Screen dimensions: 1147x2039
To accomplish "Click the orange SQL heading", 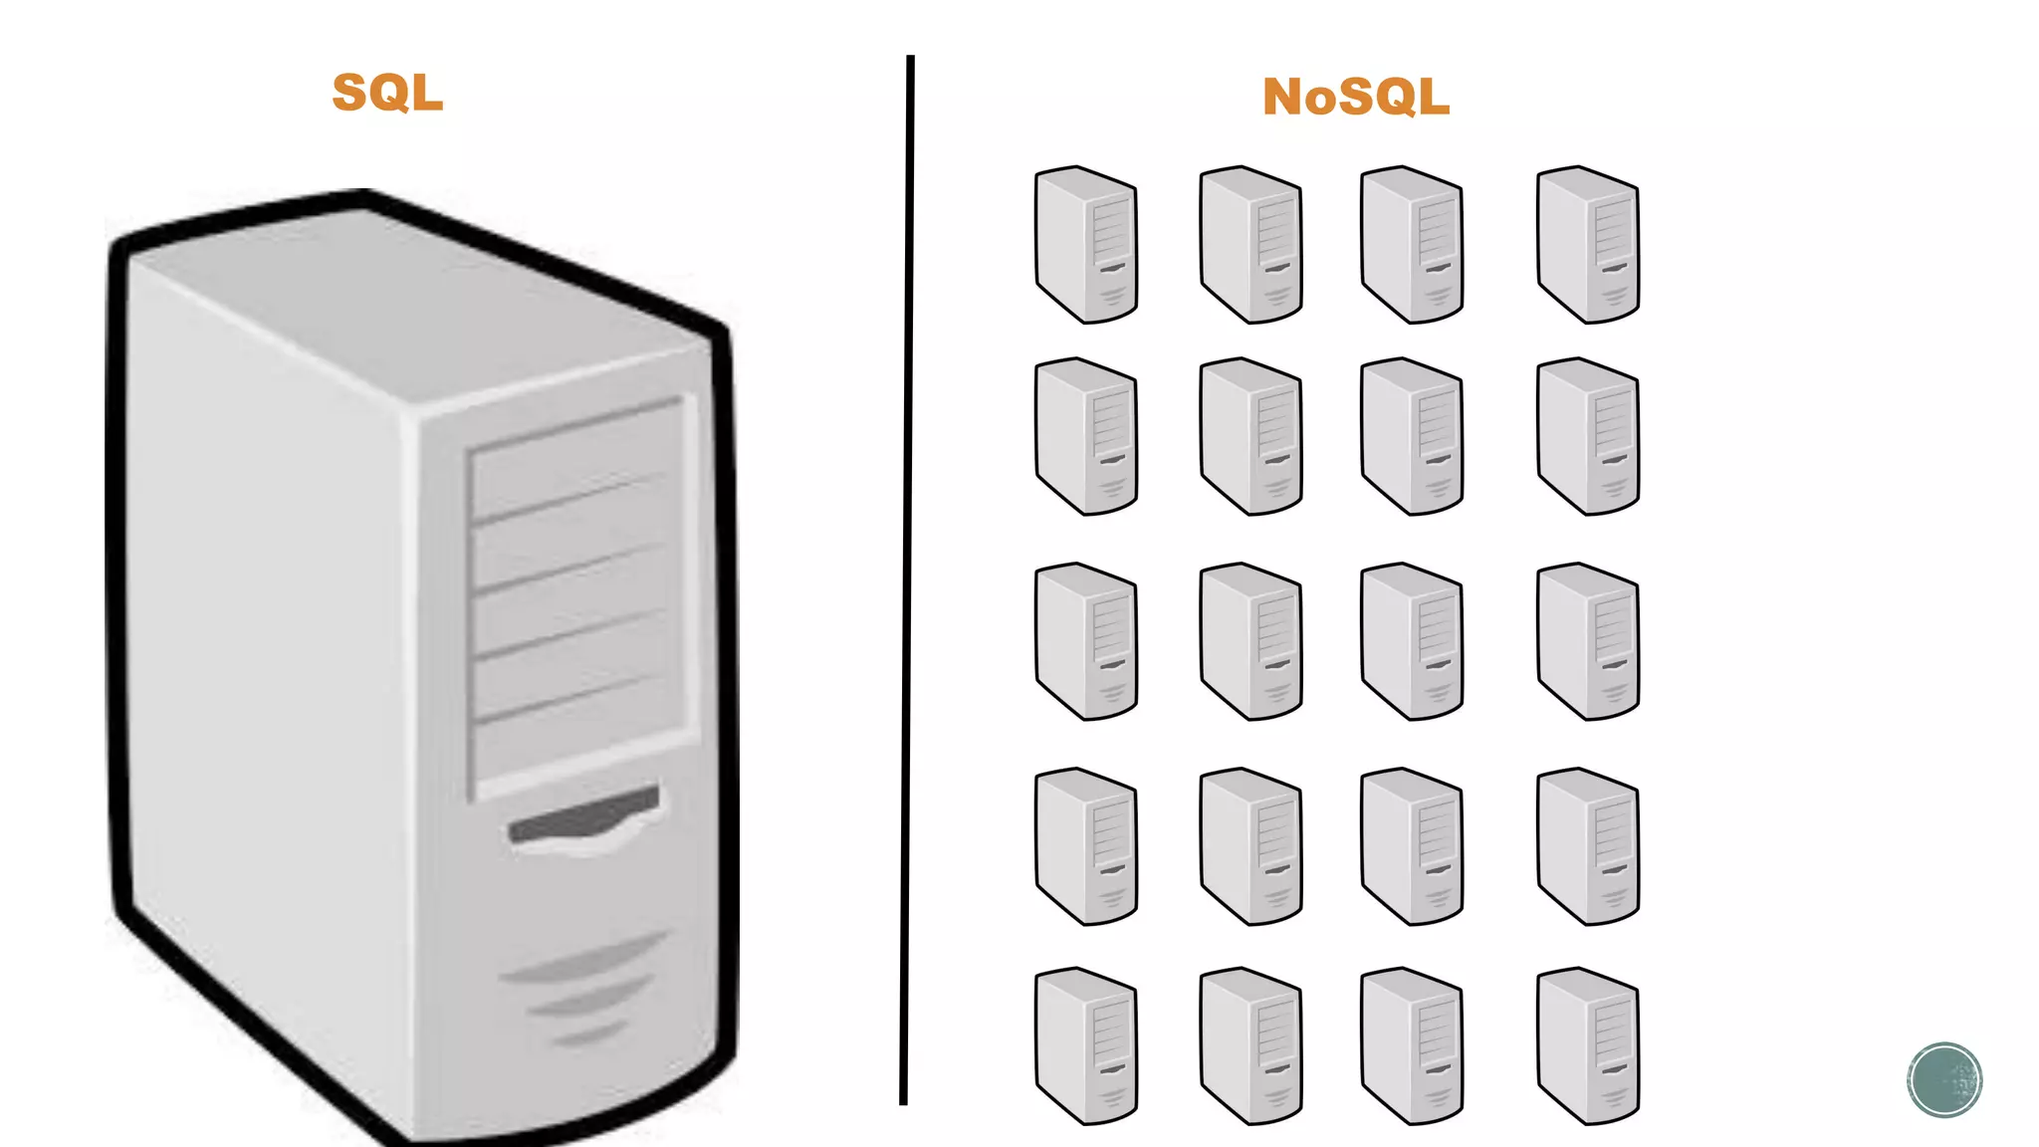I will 387,93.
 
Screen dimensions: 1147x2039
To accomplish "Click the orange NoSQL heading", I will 1355,98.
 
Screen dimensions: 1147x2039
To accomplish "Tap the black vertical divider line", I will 907,577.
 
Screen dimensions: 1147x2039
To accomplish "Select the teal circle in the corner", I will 1944,1080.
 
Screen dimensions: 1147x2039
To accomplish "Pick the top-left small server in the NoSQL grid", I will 1086,245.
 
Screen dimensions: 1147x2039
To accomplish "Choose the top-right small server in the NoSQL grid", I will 1588,245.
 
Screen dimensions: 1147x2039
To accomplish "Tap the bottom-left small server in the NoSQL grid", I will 1086,1045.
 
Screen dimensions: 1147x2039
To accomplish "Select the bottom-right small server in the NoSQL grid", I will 1588,1045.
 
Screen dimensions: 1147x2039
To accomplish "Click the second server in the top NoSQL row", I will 1251,245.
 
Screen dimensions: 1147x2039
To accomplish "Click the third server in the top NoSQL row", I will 1412,245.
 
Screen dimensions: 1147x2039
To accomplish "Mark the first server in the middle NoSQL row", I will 1086,641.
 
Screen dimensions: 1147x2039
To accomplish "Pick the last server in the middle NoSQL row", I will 1588,641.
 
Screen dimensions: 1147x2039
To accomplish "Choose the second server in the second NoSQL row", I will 1251,436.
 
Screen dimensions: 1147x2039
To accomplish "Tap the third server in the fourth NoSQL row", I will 1412,846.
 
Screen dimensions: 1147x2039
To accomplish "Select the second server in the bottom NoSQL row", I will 1251,1045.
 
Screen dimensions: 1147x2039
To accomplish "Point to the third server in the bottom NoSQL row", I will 1412,1045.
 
